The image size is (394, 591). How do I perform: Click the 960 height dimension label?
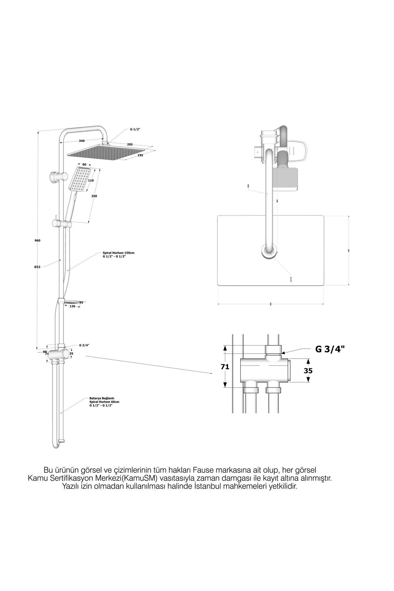tap(37, 240)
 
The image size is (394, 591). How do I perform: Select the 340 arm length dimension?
tap(82, 141)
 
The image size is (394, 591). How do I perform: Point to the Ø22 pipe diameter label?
tap(37, 267)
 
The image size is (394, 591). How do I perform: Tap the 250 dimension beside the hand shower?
tap(95, 196)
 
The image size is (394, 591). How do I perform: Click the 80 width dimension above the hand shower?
tap(84, 164)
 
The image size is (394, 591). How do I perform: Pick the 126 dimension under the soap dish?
tap(73, 306)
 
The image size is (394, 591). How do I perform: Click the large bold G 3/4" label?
tap(330, 349)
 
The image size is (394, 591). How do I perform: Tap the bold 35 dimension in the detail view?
tap(308, 371)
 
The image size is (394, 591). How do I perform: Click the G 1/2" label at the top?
tap(135, 129)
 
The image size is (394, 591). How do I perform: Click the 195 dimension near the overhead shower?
tap(140, 155)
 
